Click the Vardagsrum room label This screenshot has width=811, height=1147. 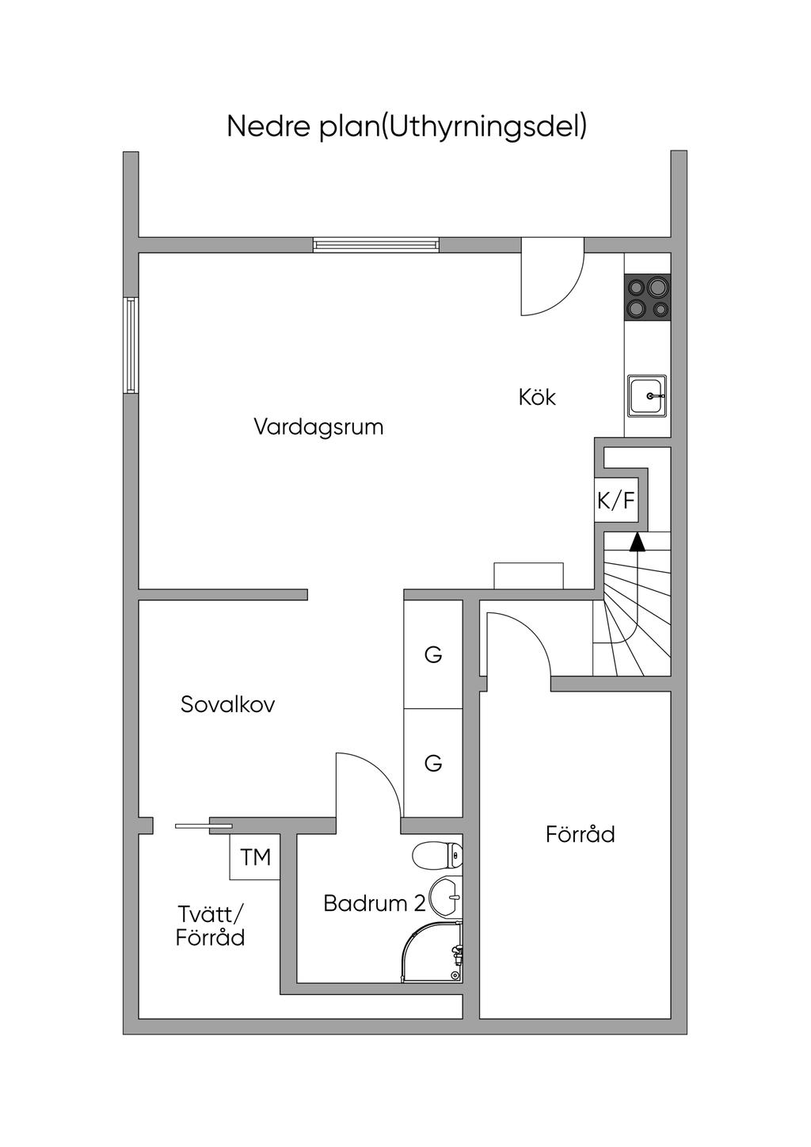pyautogui.click(x=318, y=426)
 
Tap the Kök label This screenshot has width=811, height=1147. pyautogui.click(x=537, y=397)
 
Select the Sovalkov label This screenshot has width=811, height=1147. pyautogui.click(x=228, y=704)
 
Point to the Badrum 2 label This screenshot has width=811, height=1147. pyautogui.click(x=375, y=904)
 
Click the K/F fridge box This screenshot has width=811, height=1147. pyautogui.click(x=616, y=500)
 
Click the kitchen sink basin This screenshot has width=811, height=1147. pyautogui.click(x=647, y=396)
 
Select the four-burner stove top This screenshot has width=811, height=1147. pyautogui.click(x=647, y=296)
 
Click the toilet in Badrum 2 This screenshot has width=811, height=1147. pyautogui.click(x=438, y=855)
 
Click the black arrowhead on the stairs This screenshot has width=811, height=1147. pyautogui.click(x=637, y=542)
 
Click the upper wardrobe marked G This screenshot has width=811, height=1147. pyautogui.click(x=433, y=654)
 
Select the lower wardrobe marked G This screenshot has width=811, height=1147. pyautogui.click(x=433, y=763)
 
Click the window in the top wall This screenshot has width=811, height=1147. pyautogui.click(x=376, y=245)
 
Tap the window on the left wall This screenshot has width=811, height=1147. pyautogui.click(x=131, y=345)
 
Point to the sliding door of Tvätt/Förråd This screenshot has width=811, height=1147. pyautogui.click(x=204, y=826)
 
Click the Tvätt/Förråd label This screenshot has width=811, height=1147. pyautogui.click(x=211, y=926)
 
